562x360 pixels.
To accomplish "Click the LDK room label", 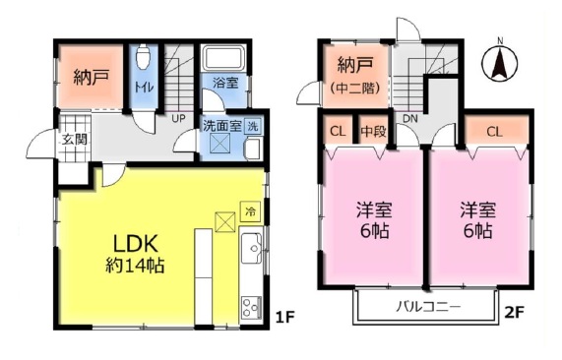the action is click(x=136, y=244).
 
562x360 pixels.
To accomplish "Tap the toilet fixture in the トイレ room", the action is click(x=143, y=56).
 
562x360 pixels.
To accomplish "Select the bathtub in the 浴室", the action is click(x=222, y=58).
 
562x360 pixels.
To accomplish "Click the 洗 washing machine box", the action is click(x=253, y=127).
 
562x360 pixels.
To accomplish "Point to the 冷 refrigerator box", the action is click(x=250, y=211).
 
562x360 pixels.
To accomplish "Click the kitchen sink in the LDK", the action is click(x=252, y=248).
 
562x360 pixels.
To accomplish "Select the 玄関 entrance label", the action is click(x=75, y=140).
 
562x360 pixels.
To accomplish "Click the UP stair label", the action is click(x=178, y=119).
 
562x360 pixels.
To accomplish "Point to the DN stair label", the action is click(x=410, y=119).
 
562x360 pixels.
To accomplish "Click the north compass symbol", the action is click(x=500, y=62).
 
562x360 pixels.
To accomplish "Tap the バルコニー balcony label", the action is click(x=428, y=307).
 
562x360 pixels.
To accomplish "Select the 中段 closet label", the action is click(x=373, y=132).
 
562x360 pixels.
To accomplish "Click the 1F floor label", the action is click(x=285, y=317).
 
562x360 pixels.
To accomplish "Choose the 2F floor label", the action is click(x=515, y=313).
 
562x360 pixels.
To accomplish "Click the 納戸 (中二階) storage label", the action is click(x=355, y=76).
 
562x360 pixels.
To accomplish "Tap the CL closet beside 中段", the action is click(x=338, y=132).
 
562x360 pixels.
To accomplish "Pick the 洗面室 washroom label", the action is click(x=222, y=126).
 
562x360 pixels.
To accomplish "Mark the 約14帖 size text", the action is click(x=135, y=266).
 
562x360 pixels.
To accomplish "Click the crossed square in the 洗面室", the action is click(x=222, y=143).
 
